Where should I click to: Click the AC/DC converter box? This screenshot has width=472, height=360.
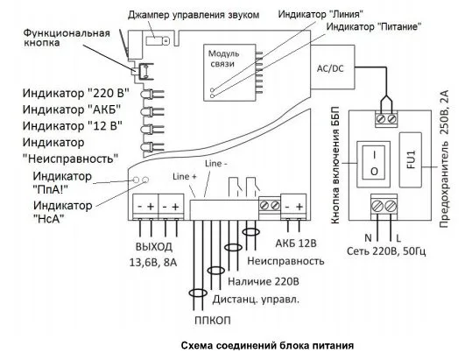tap(333, 67)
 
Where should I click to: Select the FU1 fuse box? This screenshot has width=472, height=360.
tap(411, 159)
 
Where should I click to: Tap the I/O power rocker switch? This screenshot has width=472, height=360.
tap(374, 164)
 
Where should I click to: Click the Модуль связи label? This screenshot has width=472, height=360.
tap(223, 59)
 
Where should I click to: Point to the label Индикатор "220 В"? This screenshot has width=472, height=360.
tap(76, 93)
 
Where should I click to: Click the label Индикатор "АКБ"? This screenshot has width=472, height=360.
tap(72, 109)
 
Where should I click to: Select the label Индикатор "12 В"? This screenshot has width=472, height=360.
tap(73, 125)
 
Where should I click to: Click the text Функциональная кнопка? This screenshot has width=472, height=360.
tap(67, 38)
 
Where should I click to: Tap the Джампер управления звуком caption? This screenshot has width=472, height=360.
tap(194, 15)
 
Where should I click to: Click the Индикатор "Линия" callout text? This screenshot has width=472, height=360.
tap(321, 14)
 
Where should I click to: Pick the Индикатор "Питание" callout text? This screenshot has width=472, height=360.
tap(374, 26)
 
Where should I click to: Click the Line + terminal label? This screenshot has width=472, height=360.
tap(185, 176)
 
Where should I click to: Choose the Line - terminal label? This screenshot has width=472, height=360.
tap(216, 164)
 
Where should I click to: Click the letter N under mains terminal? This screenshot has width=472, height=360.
tap(368, 238)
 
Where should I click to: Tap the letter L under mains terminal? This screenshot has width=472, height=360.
tap(398, 239)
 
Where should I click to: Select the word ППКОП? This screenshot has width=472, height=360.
tap(213, 321)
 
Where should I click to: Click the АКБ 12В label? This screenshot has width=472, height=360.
tap(296, 244)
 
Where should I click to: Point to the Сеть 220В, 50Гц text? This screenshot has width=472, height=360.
tap(386, 251)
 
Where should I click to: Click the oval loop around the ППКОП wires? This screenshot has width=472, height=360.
tap(198, 293)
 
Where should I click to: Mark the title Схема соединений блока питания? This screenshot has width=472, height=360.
tap(267, 345)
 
